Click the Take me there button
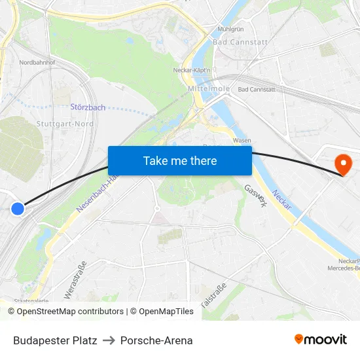click(x=180, y=160)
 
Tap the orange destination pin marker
click(x=342, y=163)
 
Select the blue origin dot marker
click(x=18, y=209)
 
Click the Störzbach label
click(x=88, y=107)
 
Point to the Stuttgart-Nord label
click(x=65, y=124)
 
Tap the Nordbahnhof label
click(x=37, y=63)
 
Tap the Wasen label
click(x=242, y=141)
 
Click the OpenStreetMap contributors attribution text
click(x=66, y=312)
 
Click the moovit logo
click(x=320, y=340)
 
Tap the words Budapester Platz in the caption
click(x=55, y=340)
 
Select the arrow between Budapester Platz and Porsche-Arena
click(x=109, y=340)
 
